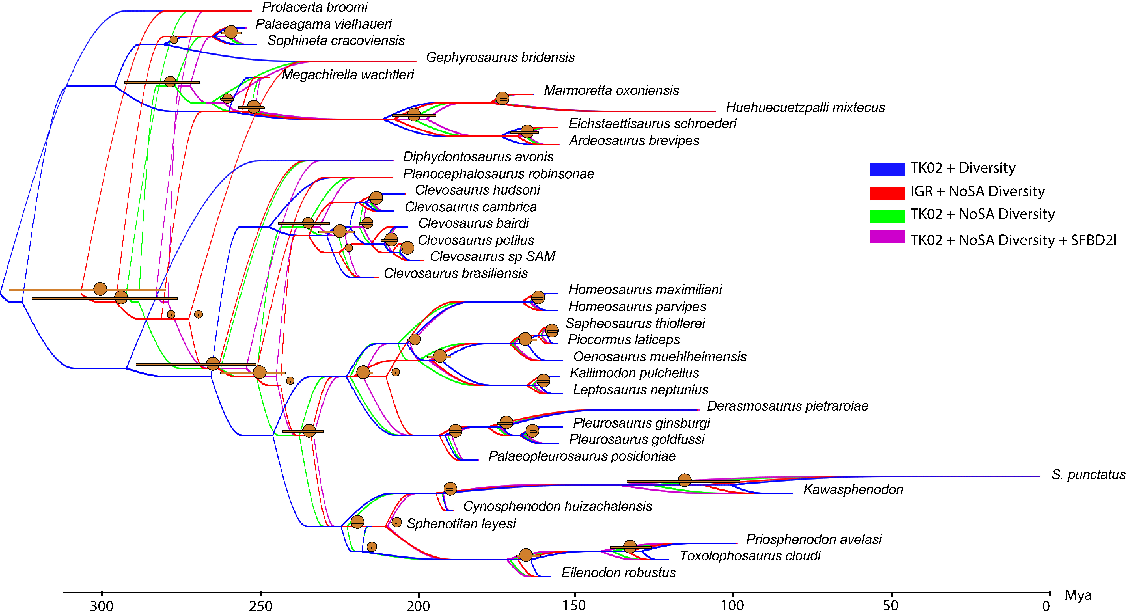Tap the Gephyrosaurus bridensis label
500,57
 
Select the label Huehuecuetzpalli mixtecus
805,108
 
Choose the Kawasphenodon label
853,490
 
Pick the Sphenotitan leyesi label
461,524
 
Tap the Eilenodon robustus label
618,573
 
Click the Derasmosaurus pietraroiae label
787,406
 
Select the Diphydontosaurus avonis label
478,157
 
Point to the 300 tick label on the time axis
102,606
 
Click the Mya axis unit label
1078,595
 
